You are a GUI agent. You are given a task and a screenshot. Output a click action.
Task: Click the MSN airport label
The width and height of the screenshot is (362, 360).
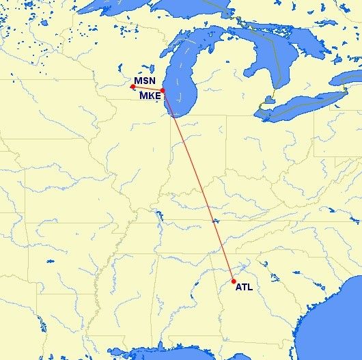click(x=144, y=81)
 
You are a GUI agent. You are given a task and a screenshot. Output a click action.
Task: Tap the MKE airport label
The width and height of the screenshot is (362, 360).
click(x=150, y=96)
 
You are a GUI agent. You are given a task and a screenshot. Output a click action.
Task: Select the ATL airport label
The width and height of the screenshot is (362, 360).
click(x=244, y=288)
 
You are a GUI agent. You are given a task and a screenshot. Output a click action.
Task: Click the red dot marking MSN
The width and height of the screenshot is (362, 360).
click(x=133, y=87)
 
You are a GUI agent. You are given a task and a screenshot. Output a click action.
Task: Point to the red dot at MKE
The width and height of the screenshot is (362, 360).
click(x=163, y=90)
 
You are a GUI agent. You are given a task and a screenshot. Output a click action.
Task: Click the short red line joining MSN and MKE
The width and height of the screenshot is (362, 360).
click(x=148, y=89)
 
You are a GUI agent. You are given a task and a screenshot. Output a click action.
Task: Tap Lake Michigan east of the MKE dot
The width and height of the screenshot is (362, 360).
click(x=179, y=89)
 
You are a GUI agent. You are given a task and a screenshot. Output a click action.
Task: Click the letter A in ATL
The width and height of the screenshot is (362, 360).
click(x=238, y=288)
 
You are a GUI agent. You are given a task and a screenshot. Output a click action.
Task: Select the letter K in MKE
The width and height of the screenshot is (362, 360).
click(x=150, y=96)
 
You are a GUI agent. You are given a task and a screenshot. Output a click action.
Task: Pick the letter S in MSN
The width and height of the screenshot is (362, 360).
click(x=145, y=81)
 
